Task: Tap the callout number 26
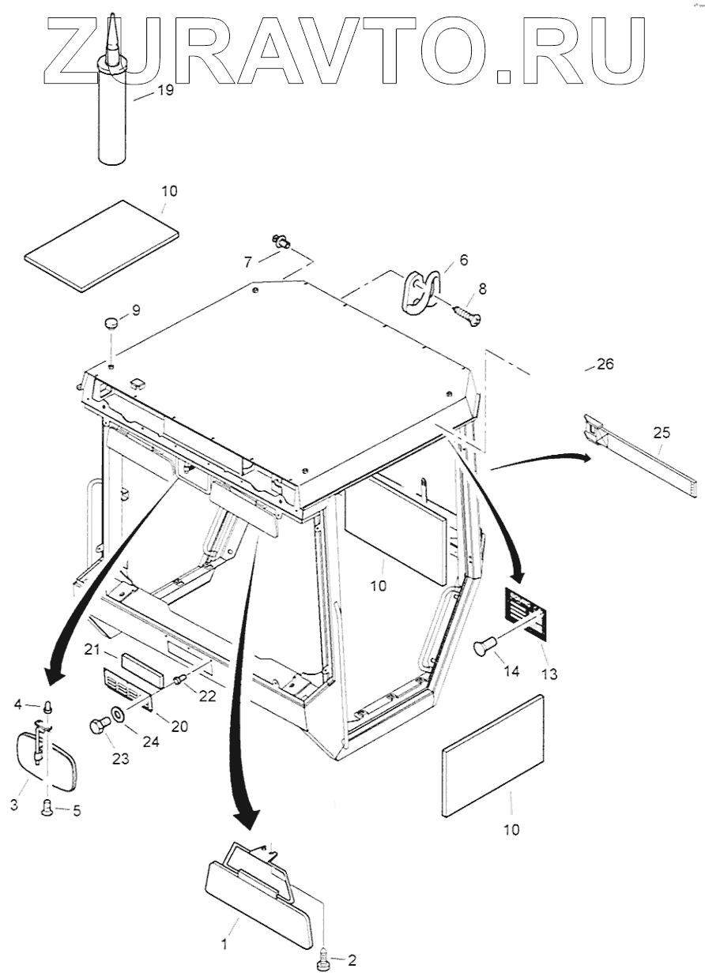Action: point(605,364)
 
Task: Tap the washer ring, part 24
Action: point(116,714)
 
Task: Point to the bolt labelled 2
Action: point(325,961)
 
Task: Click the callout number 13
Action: point(549,674)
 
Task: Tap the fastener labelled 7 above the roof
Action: point(279,242)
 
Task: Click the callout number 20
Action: point(179,726)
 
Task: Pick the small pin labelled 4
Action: point(48,705)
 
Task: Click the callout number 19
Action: point(164,90)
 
